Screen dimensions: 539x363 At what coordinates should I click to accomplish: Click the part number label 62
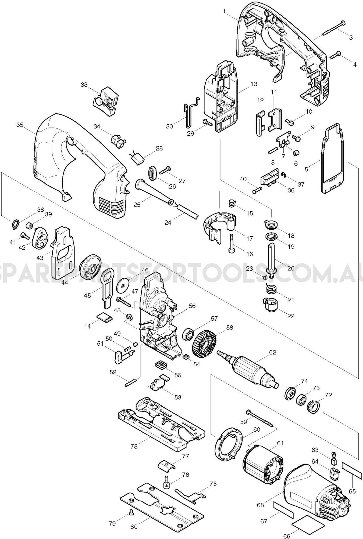273,352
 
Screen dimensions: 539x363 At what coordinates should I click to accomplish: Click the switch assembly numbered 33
107,101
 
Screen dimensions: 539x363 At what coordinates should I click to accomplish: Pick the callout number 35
20,125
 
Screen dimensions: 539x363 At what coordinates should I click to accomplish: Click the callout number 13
254,84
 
